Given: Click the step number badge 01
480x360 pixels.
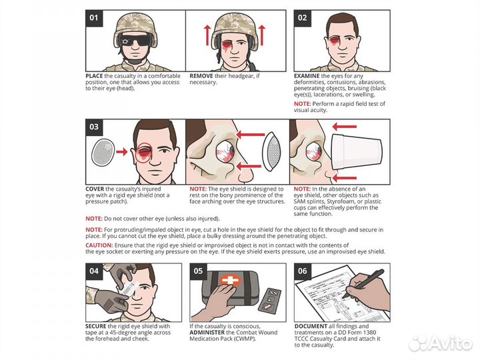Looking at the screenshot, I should pyautogui.click(x=93, y=18).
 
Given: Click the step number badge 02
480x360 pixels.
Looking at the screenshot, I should pyautogui.click(x=301, y=18).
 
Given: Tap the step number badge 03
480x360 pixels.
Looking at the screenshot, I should pyautogui.click(x=93, y=127).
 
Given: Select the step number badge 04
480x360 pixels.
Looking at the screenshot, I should pyautogui.click(x=93, y=271).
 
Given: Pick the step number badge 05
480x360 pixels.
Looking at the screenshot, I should pyautogui.click(x=197, y=271).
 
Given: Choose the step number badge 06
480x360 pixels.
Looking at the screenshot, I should pyautogui.click(x=301, y=271).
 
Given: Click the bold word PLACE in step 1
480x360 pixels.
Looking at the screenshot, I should pyautogui.click(x=94, y=77).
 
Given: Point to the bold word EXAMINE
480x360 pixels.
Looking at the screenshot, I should pyautogui.click(x=307, y=77).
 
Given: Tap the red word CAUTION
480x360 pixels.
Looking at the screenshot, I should pyautogui.click(x=99, y=245).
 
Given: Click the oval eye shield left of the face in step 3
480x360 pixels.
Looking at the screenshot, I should pyautogui.click(x=102, y=151).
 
